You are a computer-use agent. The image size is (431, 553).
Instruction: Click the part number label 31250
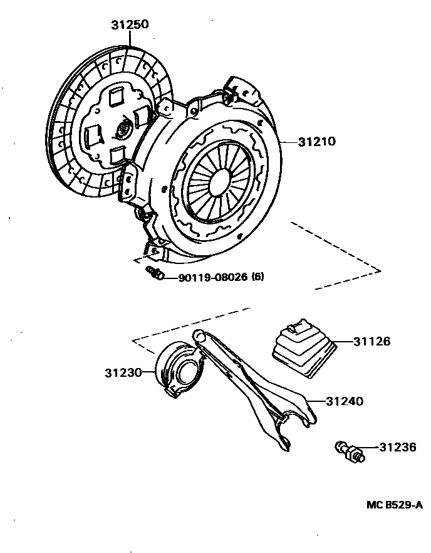coord(130,25)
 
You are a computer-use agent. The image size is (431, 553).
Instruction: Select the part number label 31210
coord(317,142)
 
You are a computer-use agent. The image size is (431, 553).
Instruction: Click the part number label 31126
coord(371,342)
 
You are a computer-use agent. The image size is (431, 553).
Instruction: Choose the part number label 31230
coord(123,372)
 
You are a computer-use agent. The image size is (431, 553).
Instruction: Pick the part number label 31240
coord(345,401)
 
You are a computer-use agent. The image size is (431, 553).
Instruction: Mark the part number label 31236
coord(398,447)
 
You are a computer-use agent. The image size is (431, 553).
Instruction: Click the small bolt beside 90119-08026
coord(155,273)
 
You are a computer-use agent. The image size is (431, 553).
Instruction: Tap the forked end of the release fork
coord(294,426)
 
